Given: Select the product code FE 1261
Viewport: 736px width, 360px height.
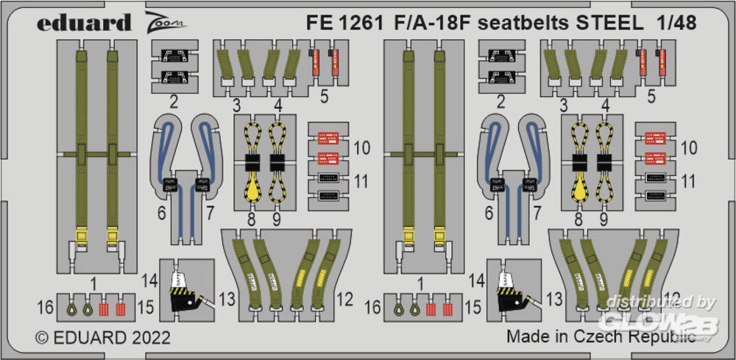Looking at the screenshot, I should [344, 23].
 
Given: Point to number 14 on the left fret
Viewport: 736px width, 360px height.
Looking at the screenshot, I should [149, 280].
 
